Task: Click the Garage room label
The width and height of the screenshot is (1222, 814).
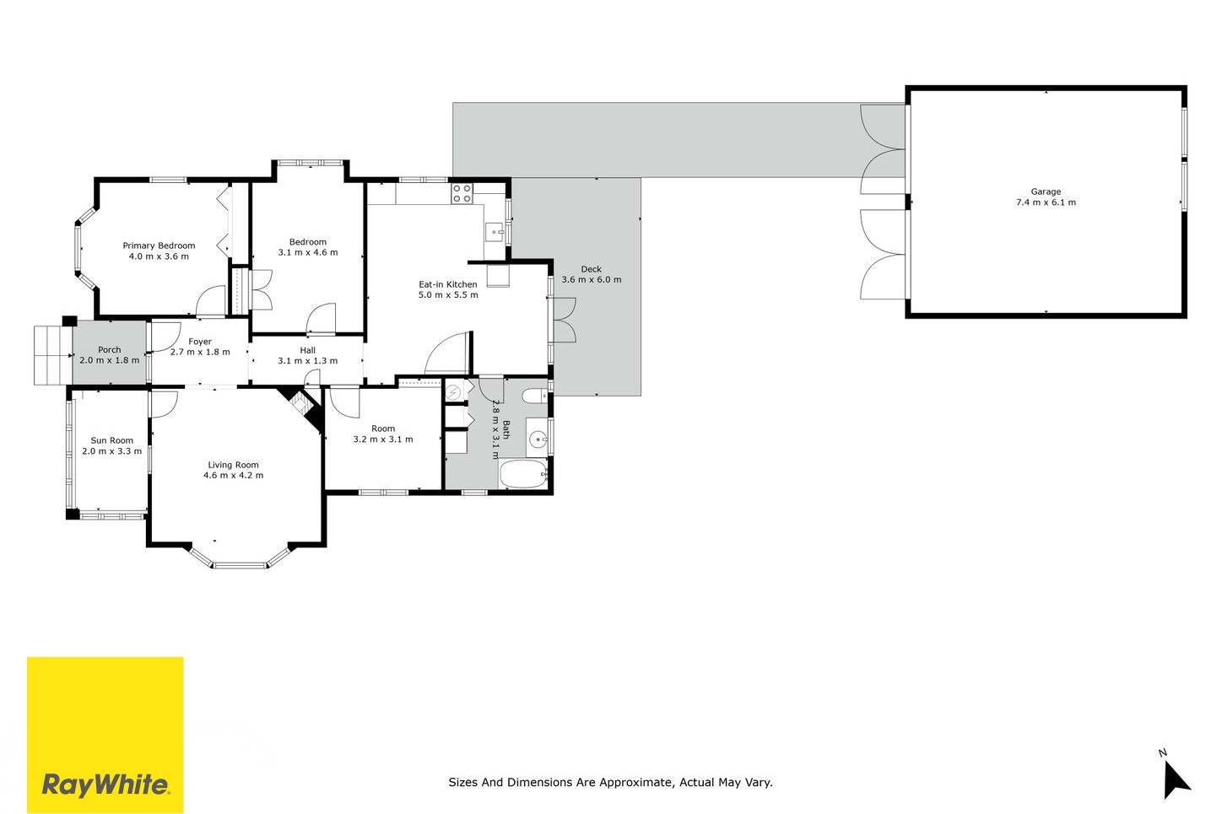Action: pos(1046,191)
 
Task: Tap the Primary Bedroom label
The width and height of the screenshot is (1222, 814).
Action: pos(159,245)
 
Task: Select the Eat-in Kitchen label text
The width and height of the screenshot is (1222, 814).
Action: pos(448,284)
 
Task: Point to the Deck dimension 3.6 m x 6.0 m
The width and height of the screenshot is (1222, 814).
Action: pos(592,280)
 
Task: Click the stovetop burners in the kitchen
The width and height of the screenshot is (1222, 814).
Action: pos(462,193)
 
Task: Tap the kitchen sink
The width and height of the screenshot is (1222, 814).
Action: pos(495,232)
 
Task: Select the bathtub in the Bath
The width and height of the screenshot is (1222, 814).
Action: pos(523,474)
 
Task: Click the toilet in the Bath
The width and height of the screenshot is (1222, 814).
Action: pos(535,396)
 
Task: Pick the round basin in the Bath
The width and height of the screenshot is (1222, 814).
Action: pos(538,438)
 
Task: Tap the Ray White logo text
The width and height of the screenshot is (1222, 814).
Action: pos(105,785)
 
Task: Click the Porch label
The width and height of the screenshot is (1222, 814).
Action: pos(109,349)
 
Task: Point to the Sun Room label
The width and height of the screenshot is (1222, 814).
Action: pos(112,440)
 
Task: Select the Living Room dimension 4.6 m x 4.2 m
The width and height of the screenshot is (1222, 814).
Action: pos(234,476)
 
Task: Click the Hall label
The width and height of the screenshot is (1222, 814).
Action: pos(308,351)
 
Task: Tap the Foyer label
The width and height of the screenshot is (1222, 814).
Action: pos(200,342)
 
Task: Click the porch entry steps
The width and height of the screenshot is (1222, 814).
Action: pos(53,355)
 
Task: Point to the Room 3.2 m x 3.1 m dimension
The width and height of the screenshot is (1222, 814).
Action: pos(383,439)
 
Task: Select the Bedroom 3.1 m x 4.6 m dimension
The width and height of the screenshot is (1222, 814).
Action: pos(308,252)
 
